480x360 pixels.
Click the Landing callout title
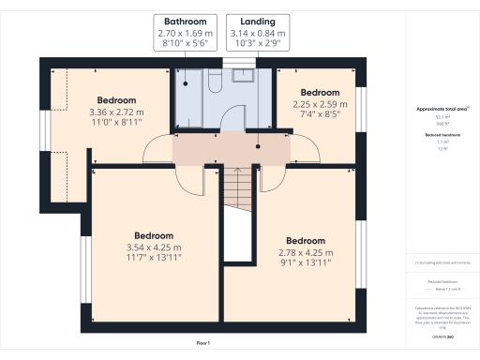pyautogui.click(x=257, y=21)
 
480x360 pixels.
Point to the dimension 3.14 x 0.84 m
pyautogui.click(x=257, y=33)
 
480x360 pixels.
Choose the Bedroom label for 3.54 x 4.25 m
pyautogui.click(x=153, y=235)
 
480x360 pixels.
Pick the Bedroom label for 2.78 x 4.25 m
pyautogui.click(x=306, y=240)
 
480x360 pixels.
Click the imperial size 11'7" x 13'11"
pyautogui.click(x=153, y=257)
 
